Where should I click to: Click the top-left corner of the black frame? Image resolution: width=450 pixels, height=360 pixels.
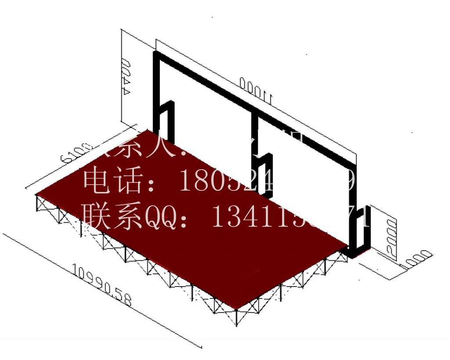pos(156,54)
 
